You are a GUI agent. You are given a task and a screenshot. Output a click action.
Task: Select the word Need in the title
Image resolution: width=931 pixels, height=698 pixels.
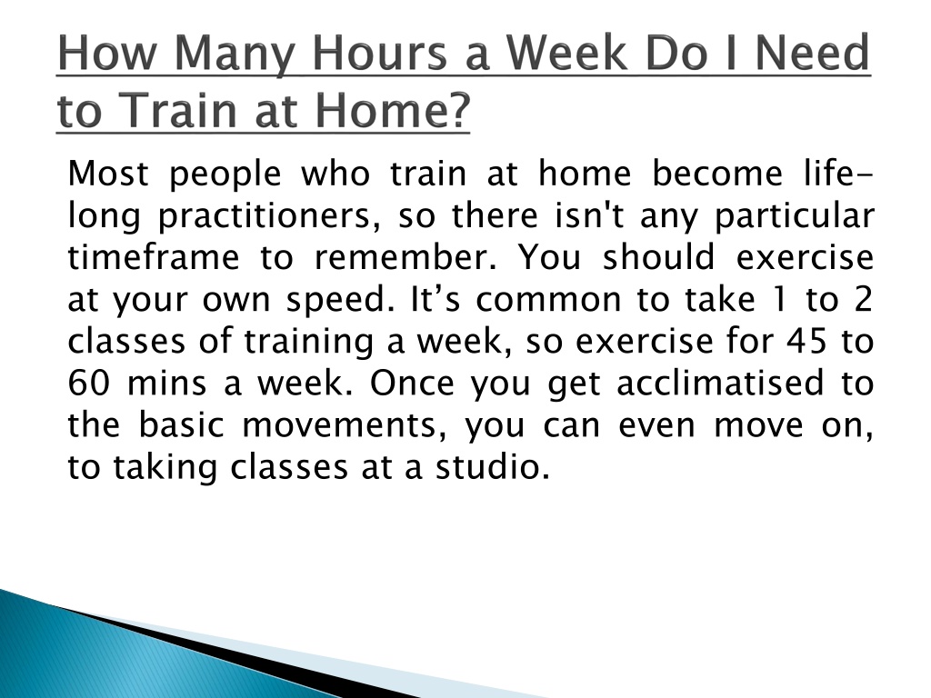[x=812, y=54]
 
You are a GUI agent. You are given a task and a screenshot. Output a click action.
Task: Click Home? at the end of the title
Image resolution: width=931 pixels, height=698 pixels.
[x=393, y=110]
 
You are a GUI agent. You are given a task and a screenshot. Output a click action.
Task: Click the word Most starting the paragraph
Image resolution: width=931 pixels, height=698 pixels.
[x=108, y=174]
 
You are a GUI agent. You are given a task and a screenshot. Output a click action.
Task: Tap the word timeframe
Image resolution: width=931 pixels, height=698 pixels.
[x=154, y=257]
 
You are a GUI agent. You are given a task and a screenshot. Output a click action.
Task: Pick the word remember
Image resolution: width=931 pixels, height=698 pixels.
[x=405, y=257]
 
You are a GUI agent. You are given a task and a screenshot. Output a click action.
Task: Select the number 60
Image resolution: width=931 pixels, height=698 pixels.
[x=88, y=384]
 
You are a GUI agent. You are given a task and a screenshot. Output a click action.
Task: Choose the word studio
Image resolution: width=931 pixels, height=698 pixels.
[x=493, y=467]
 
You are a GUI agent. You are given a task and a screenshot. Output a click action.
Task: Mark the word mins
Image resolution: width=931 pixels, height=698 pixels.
[x=167, y=384]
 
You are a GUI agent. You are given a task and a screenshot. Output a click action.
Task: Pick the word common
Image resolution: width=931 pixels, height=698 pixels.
[x=548, y=300]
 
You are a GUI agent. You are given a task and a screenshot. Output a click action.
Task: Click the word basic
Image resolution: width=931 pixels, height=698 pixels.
[x=181, y=425]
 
